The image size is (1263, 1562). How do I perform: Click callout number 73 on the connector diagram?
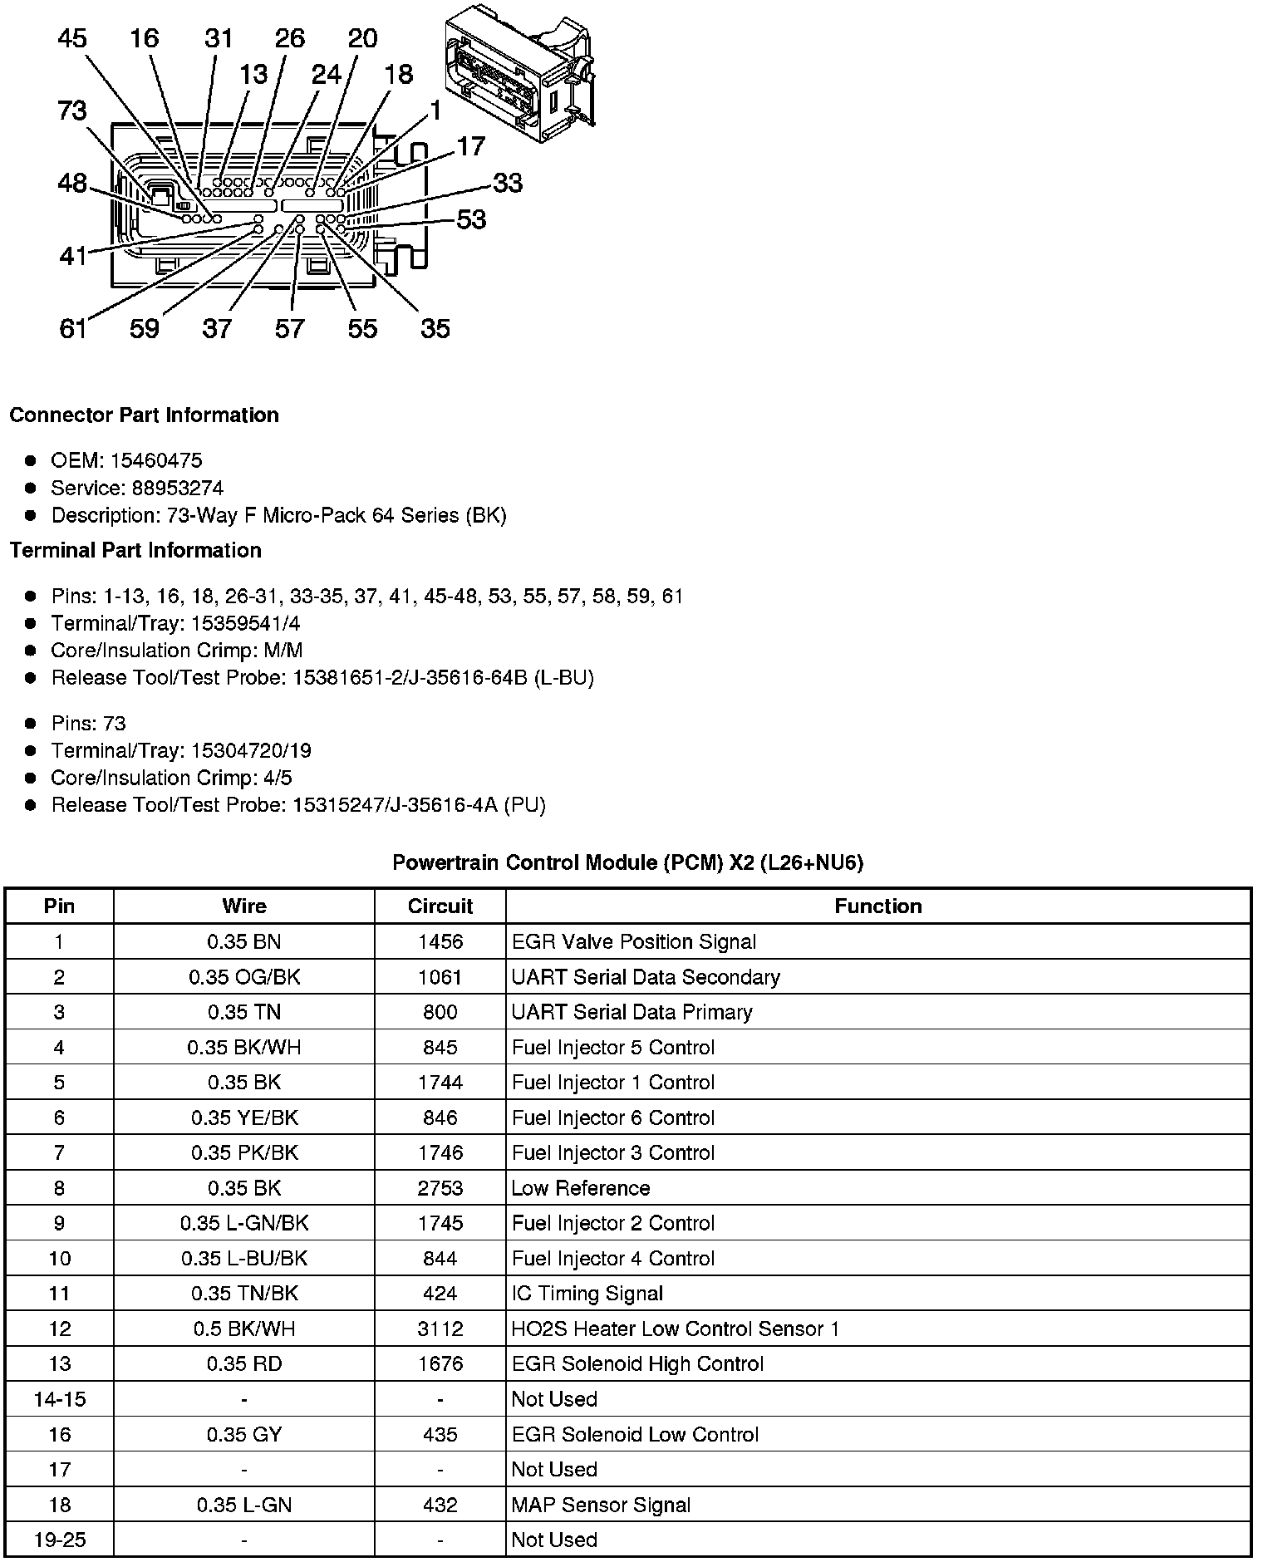(72, 111)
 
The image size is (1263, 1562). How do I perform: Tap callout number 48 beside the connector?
(72, 183)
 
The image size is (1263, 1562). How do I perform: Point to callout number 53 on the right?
(471, 219)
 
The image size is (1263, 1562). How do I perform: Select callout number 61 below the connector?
(73, 329)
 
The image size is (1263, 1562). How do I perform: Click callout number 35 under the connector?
(435, 329)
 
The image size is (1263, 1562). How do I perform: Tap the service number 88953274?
(177, 488)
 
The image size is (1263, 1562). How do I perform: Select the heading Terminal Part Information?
(135, 550)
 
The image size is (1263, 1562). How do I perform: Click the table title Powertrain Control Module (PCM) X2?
(627, 862)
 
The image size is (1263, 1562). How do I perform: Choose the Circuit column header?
(440, 906)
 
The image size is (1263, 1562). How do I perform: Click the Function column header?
(877, 906)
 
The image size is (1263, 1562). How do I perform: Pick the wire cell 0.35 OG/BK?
(243, 977)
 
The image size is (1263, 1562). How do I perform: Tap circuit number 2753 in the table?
(440, 1188)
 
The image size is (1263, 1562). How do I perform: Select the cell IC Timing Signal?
(587, 1294)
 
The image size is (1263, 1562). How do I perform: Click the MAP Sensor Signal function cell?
(601, 1505)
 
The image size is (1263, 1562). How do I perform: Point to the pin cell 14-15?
(59, 1399)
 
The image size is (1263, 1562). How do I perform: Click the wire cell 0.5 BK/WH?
(243, 1329)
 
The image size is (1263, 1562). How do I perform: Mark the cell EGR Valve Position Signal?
(633, 942)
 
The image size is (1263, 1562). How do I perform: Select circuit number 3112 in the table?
(440, 1329)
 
